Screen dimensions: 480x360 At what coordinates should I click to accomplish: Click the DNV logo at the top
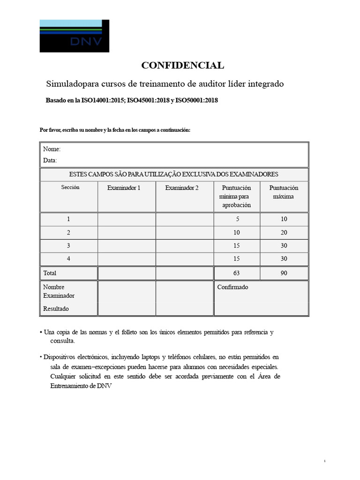click(74, 36)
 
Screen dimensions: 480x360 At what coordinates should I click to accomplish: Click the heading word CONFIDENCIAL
click(183, 65)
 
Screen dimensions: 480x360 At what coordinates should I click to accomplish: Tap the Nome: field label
click(52, 149)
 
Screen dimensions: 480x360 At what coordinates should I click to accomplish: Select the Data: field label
click(50, 160)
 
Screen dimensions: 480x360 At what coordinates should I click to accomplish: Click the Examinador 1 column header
click(124, 187)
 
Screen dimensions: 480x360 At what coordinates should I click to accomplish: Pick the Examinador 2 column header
click(182, 187)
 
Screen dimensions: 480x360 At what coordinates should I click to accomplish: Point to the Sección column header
click(70, 187)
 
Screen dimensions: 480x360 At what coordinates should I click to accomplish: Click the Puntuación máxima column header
click(283, 192)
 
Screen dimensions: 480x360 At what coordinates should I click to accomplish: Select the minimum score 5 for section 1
click(236, 219)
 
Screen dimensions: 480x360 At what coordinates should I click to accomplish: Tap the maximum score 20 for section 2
click(284, 232)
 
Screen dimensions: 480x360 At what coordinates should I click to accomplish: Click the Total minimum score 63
click(236, 273)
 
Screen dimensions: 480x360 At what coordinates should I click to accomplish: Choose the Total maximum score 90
click(284, 273)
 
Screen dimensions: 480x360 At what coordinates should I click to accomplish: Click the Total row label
click(50, 273)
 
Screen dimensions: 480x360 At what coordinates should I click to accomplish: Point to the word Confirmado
click(232, 287)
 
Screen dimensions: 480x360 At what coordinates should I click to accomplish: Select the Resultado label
click(56, 308)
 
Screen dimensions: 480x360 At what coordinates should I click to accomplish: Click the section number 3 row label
click(68, 246)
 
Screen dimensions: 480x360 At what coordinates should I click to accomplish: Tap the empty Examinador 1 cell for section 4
click(126, 259)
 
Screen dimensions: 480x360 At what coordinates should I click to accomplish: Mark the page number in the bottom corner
click(324, 461)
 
